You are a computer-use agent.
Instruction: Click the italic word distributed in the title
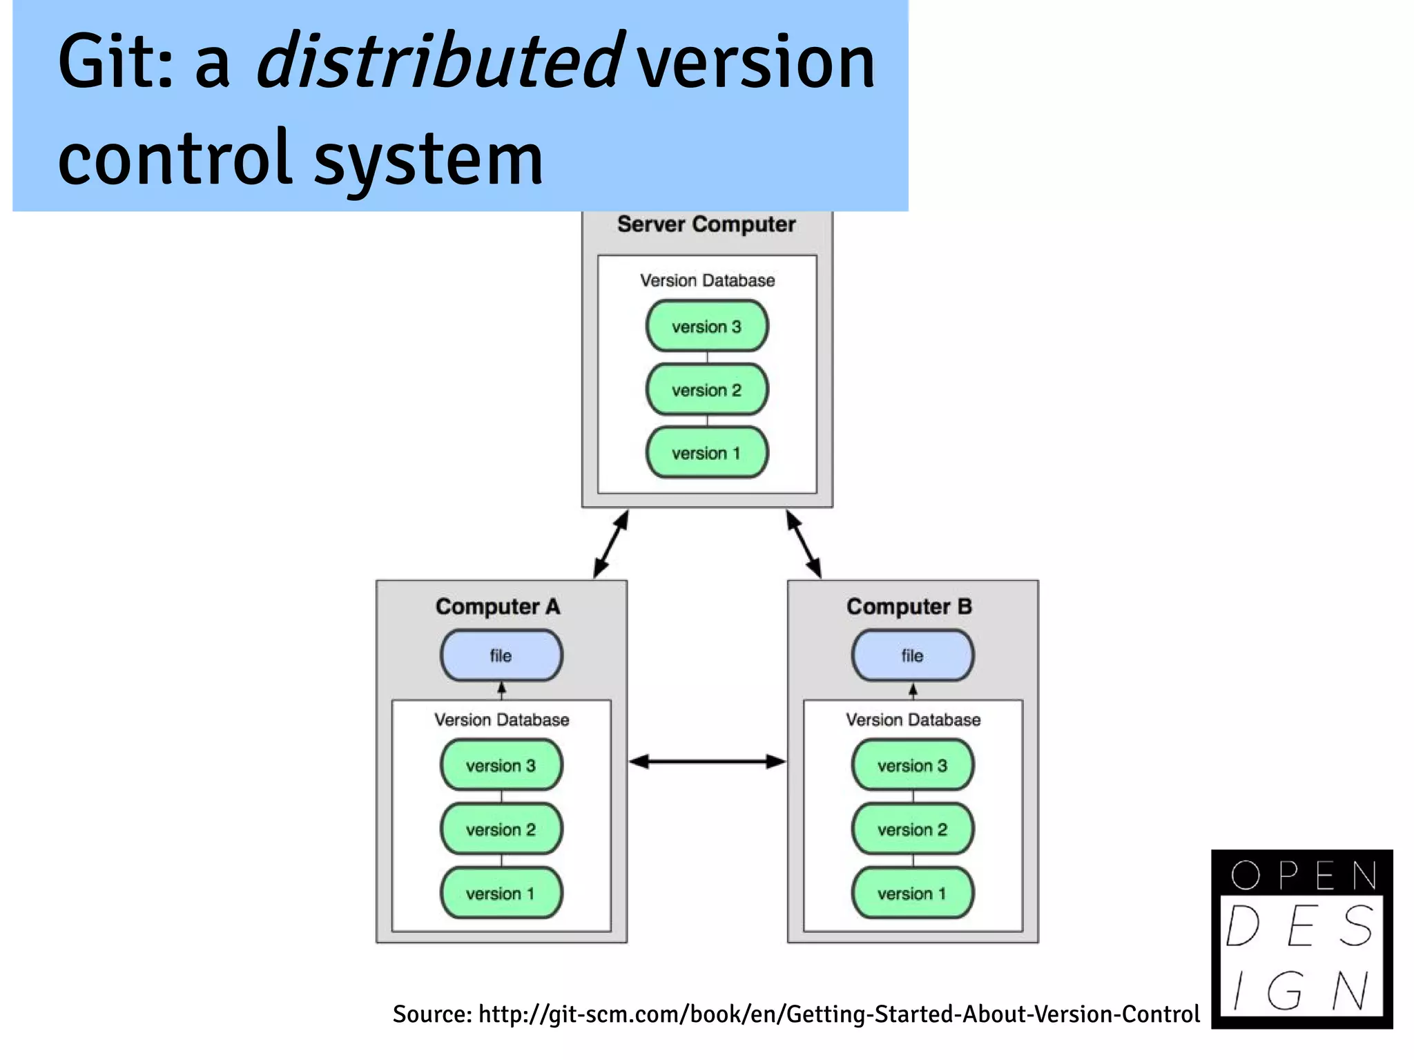pos(440,62)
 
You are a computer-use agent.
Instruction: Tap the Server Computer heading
pos(706,224)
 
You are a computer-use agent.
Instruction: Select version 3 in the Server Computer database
pos(706,326)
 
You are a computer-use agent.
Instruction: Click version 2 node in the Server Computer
pos(706,389)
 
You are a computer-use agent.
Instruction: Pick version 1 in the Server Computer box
pos(706,453)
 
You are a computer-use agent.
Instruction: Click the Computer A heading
pos(498,606)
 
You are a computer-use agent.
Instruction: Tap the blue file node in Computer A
pos(501,655)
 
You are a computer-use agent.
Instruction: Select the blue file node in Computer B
pos(912,655)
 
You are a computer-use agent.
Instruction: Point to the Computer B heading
pos(909,606)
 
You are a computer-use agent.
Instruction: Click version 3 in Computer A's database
pos(501,765)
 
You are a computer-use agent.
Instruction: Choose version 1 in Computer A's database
pos(501,893)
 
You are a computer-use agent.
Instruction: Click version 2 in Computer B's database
pos(912,829)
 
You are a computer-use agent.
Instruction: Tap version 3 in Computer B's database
pos(912,765)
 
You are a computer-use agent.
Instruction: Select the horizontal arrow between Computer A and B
pos(707,762)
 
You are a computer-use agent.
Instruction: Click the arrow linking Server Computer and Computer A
pos(611,544)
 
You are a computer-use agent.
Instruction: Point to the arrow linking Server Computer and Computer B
pos(804,544)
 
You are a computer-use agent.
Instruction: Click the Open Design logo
pos(1301,938)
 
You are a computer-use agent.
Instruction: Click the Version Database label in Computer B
pos(913,720)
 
